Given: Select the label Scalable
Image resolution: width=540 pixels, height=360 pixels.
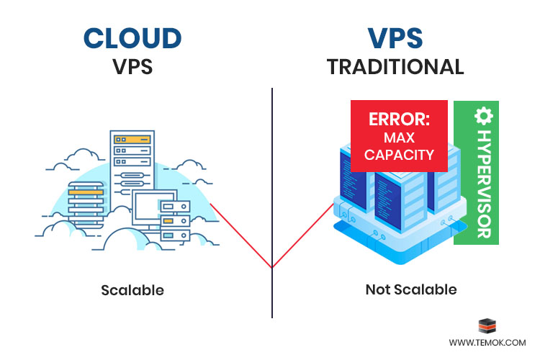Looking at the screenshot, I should tap(132, 291).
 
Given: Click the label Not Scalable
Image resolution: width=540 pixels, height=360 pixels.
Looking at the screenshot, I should tap(411, 290).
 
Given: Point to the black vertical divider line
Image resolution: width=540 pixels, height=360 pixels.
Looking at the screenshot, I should tap(272, 180).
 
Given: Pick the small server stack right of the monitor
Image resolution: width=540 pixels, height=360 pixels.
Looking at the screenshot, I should tap(176, 220).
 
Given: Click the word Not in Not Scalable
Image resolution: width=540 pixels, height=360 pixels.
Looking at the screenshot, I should tap(377, 290).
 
